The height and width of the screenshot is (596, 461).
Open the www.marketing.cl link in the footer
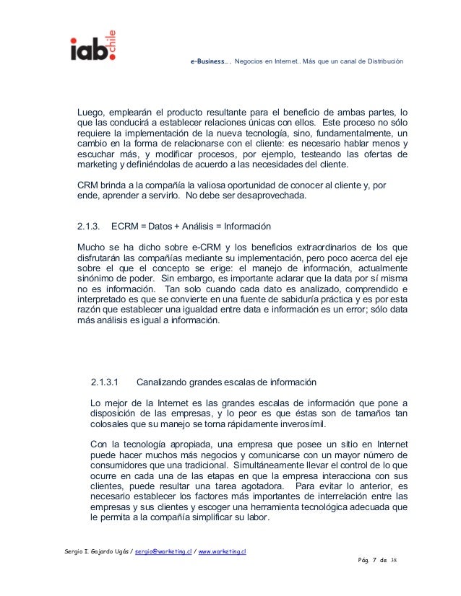pyautogui.click(x=223, y=551)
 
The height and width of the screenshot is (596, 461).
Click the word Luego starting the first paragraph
pyautogui.click(x=92, y=112)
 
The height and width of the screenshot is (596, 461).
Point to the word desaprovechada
pyautogui.click(x=281, y=196)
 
